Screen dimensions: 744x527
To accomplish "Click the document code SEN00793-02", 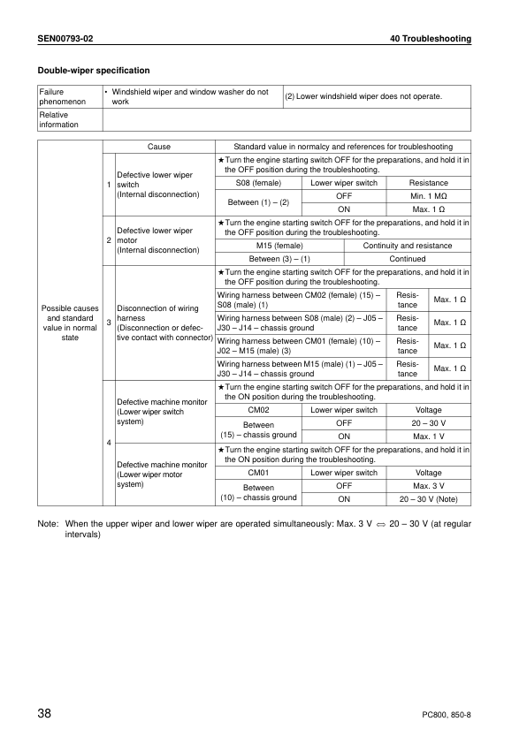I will [x=65, y=39].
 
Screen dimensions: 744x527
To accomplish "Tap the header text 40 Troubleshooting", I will [x=430, y=39].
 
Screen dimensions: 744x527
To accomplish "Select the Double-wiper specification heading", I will [x=93, y=70].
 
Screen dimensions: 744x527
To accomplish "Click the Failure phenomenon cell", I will [x=58, y=96].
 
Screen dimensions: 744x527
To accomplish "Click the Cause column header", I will [x=159, y=147].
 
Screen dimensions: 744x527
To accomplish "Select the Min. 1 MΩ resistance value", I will [x=429, y=195].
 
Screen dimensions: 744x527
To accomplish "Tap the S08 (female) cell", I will [x=252, y=183].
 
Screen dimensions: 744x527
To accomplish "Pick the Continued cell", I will [x=408, y=259].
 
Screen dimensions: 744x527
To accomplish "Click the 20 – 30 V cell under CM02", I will [x=428, y=423].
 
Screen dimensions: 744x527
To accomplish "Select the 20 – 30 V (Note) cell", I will [x=429, y=498].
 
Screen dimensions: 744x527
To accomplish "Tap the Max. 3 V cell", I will [x=429, y=485].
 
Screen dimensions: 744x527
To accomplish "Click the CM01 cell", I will [x=258, y=473].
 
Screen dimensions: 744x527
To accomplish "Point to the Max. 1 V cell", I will [x=429, y=436].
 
